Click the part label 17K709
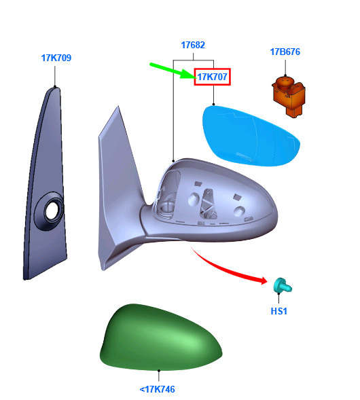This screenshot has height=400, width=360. pos(56,58)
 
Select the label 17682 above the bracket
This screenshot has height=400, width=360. pos(193,45)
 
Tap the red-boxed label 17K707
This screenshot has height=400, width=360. pos(213,77)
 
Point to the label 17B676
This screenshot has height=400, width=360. pos(285,52)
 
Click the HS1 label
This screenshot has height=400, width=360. pos(279,311)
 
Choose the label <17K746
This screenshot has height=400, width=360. pos(158,389)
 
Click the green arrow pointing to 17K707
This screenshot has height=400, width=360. pos(173,71)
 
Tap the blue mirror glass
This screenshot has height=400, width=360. pos(251,136)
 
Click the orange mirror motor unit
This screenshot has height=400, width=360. pos(289,96)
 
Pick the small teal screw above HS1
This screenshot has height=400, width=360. pos(283,286)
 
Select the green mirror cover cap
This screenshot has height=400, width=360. pos(160,338)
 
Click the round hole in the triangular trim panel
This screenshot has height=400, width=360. pos(53,211)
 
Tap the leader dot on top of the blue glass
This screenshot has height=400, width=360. pos(213,105)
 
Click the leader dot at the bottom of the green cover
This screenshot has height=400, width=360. pos(159,370)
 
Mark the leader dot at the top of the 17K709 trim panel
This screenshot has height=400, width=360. pos(55,86)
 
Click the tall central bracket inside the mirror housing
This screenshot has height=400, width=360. pos(208,204)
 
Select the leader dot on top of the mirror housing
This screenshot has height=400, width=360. pos(173,161)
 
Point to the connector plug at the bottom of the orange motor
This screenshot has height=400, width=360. pos(294,111)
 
